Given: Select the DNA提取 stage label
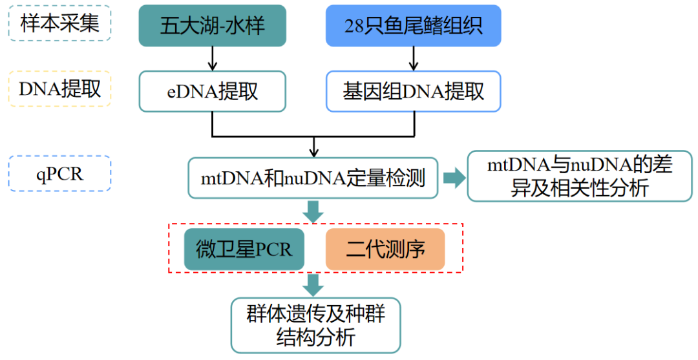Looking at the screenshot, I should coord(60,89).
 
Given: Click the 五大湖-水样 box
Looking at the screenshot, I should coord(212,26).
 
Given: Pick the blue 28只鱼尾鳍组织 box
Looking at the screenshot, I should coord(414,26).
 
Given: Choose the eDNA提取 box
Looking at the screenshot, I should coord(212,91).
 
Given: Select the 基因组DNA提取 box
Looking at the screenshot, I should coord(414,91).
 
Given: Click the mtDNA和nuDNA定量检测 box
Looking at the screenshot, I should coord(313,178).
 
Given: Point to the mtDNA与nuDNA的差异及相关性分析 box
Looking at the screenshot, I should coord(579,176).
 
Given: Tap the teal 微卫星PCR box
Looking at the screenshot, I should coord(244,249).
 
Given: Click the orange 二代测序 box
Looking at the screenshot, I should coord(385,249).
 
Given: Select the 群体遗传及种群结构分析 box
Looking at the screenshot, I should coord(316,326).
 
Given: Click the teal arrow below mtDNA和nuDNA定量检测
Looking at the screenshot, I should coord(314,211).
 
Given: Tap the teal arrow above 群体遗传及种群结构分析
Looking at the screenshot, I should coord(314,284).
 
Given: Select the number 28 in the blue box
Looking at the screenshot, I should coord(355,26).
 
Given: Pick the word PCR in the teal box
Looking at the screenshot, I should coord(273,249).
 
